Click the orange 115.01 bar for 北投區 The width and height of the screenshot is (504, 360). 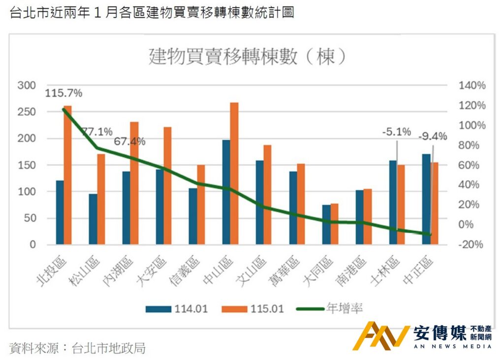click(x=68, y=175)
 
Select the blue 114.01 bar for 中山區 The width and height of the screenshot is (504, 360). click(x=226, y=192)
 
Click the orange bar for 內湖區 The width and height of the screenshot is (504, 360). click(x=134, y=183)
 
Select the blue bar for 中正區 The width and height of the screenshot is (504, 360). click(x=426, y=199)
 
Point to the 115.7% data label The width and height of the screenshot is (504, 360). click(x=63, y=93)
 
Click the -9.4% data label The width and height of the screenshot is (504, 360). click(x=433, y=136)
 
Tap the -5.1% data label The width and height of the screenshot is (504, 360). click(x=397, y=132)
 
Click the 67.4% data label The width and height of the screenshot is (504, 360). click(x=130, y=142)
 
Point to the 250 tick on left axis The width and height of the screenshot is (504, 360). click(x=27, y=112)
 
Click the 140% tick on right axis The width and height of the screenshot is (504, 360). click(x=472, y=86)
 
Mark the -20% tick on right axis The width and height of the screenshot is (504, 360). click(x=472, y=244)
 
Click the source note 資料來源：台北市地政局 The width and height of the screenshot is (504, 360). click(x=77, y=348)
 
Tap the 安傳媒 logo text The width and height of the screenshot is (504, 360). click(x=440, y=333)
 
